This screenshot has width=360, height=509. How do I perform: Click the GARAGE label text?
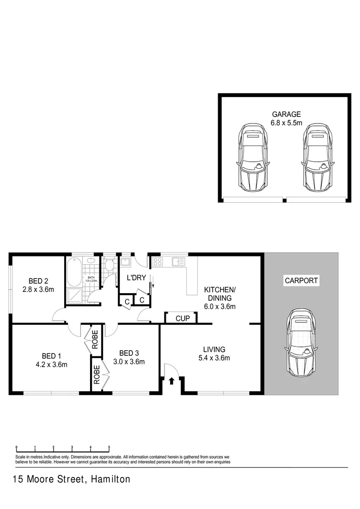[x=286, y=114]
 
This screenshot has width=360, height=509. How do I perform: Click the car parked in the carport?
[x=300, y=343]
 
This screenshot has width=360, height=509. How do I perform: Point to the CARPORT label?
[x=302, y=281]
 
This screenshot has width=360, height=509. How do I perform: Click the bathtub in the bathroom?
[x=74, y=272]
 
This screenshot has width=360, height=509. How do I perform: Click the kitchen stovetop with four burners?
[x=157, y=262]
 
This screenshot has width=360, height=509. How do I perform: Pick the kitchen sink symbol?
[x=178, y=262]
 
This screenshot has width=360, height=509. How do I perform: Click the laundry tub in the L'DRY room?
[x=126, y=262]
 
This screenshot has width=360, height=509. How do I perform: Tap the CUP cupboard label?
[x=182, y=319]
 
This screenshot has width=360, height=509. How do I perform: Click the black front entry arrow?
[x=172, y=381]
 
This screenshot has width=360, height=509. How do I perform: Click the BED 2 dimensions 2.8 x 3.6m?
[x=38, y=289]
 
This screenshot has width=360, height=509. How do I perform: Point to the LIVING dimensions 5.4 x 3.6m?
[x=214, y=358]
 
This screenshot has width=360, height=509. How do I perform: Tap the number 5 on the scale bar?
[x=109, y=447]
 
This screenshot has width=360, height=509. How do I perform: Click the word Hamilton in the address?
[x=109, y=480]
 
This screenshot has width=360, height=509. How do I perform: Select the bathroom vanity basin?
[x=90, y=260]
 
